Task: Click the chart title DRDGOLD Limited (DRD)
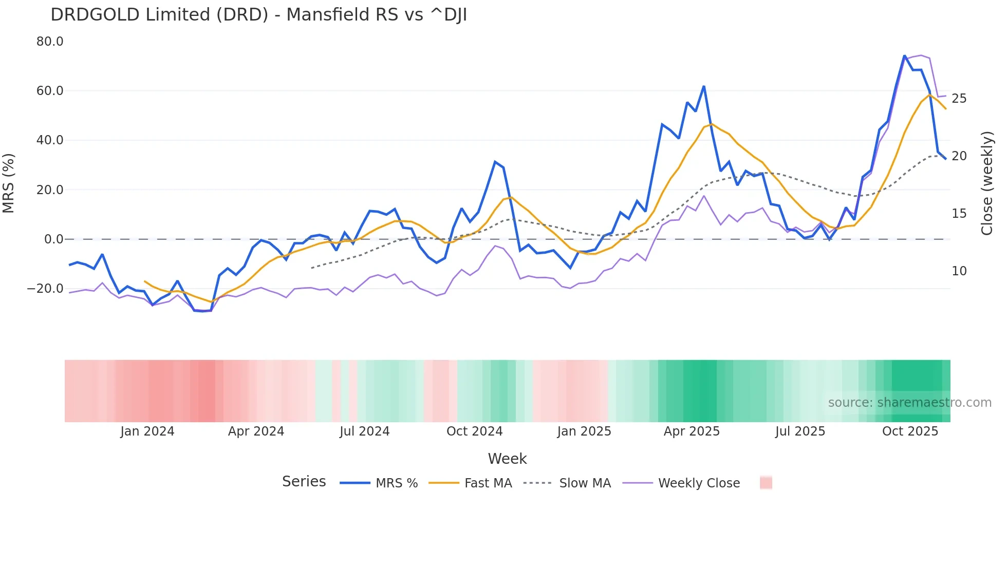pyautogui.click(x=258, y=14)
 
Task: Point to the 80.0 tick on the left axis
pyautogui.click(x=50, y=42)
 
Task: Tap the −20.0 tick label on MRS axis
pyautogui.click(x=45, y=289)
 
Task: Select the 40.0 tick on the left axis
pyautogui.click(x=50, y=140)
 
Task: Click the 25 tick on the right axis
pyautogui.click(x=959, y=99)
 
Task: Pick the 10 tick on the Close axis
pyautogui.click(x=959, y=271)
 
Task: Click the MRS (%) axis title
pyautogui.click(x=9, y=183)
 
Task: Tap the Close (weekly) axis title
pyautogui.click(x=987, y=183)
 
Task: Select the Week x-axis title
pyautogui.click(x=507, y=459)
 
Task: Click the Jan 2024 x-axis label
pyautogui.click(x=147, y=431)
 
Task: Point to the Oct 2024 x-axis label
pyautogui.click(x=474, y=431)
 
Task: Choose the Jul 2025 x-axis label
pyautogui.click(x=800, y=431)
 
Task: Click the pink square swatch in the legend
pyautogui.click(x=766, y=483)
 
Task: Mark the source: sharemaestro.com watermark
pyautogui.click(x=909, y=403)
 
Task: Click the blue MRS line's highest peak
pyautogui.click(x=905, y=55)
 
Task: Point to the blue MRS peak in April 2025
pyautogui.click(x=704, y=86)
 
